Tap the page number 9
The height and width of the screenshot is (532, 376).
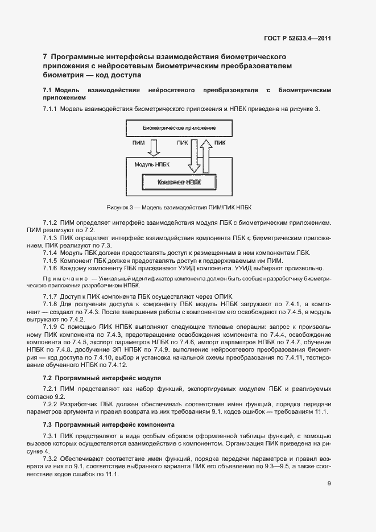[329, 484]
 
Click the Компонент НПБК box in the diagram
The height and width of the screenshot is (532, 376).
[179, 182]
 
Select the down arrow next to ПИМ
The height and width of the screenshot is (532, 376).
[154, 148]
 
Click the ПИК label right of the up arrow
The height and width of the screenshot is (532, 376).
[220, 143]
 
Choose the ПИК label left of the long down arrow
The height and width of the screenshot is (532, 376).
[182, 143]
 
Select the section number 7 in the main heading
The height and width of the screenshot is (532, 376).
[45, 57]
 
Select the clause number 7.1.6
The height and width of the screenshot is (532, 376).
[51, 268]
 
